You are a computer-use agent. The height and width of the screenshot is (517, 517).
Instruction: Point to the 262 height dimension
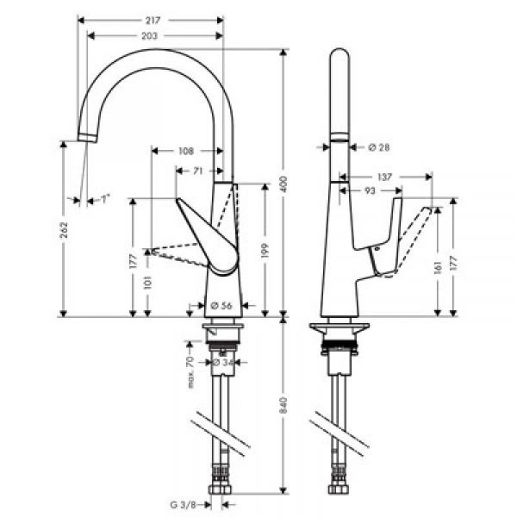pyautogui.click(x=63, y=231)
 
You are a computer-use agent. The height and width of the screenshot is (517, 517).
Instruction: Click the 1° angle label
pyautogui.click(x=104, y=200)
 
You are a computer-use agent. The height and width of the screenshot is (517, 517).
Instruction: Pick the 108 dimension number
pyautogui.click(x=185, y=151)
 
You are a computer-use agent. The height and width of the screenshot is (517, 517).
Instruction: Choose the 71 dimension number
pyautogui.click(x=197, y=171)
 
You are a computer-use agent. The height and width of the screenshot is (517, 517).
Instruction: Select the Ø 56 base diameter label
pyautogui.click(x=218, y=304)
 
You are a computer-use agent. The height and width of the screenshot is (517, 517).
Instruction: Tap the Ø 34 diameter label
pyautogui.click(x=223, y=363)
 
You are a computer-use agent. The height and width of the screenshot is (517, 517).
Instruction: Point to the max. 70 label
pyautogui.click(x=191, y=367)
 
